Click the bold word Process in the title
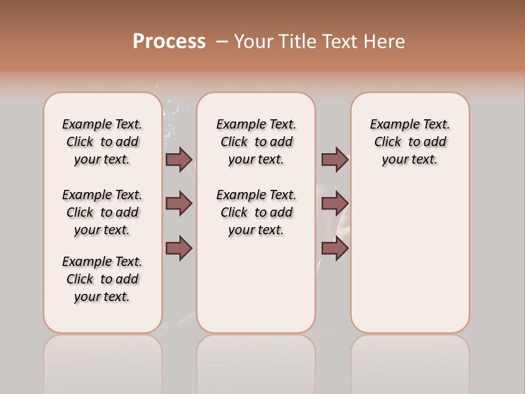pos(169,42)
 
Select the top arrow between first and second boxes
pos(179,159)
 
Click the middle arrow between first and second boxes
pos(179,204)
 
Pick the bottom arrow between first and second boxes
pos(179,248)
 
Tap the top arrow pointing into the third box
pos(335,159)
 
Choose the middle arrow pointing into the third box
pos(335,204)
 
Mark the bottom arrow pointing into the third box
pos(335,248)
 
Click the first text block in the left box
pos(102,142)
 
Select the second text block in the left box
pos(102,212)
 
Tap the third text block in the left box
pos(102,279)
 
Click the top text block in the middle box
pos(256,142)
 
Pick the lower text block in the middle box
pos(256,212)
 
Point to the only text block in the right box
pos(410,142)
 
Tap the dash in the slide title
pos(222,42)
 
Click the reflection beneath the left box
pos(103,361)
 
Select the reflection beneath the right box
pos(410,361)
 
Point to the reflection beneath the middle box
pos(256,361)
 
